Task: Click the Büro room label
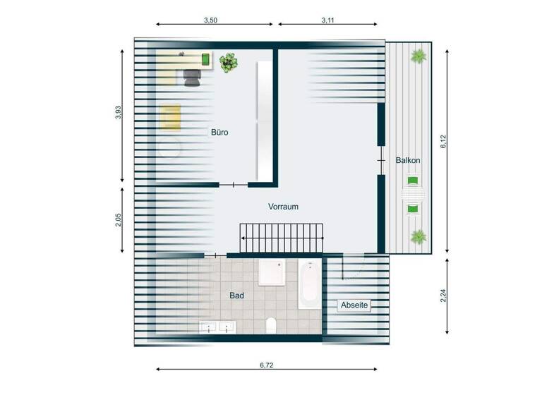(219, 132)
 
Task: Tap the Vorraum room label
(284, 207)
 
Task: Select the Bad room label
(236, 296)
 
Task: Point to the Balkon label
(408, 160)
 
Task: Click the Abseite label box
(354, 305)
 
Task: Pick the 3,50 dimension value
(210, 20)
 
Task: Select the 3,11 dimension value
(327, 20)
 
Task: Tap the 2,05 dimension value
(118, 219)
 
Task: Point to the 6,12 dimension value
(444, 142)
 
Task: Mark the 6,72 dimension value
(266, 365)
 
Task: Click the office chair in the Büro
(192, 77)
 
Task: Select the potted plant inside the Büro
(228, 63)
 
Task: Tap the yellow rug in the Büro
(170, 117)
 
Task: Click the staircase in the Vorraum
(282, 237)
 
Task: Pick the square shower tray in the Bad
(272, 272)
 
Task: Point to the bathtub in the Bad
(308, 284)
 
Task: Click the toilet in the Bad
(271, 325)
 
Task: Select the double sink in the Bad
(217, 327)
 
